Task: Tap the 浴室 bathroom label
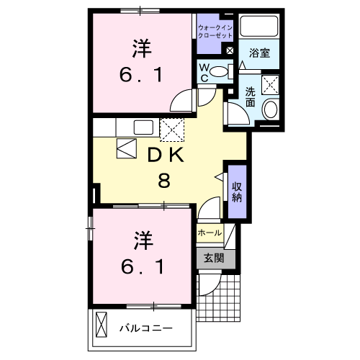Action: pyautogui.click(x=259, y=53)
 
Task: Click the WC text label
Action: pyautogui.click(x=205, y=72)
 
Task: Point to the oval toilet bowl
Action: pyautogui.click(x=225, y=71)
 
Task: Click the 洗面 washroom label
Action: pyautogui.click(x=250, y=96)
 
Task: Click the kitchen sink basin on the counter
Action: pyautogui.click(x=142, y=127)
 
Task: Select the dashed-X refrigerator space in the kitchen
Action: pyautogui.click(x=172, y=130)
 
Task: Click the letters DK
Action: pyautogui.click(x=165, y=155)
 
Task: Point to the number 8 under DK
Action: pyautogui.click(x=164, y=181)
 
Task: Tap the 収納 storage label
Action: pyautogui.click(x=236, y=192)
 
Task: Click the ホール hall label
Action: pyautogui.click(x=209, y=233)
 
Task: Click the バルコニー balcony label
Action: pyautogui.click(x=145, y=328)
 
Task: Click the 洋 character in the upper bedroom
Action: pyautogui.click(x=140, y=48)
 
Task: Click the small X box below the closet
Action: pyautogui.click(x=229, y=50)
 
